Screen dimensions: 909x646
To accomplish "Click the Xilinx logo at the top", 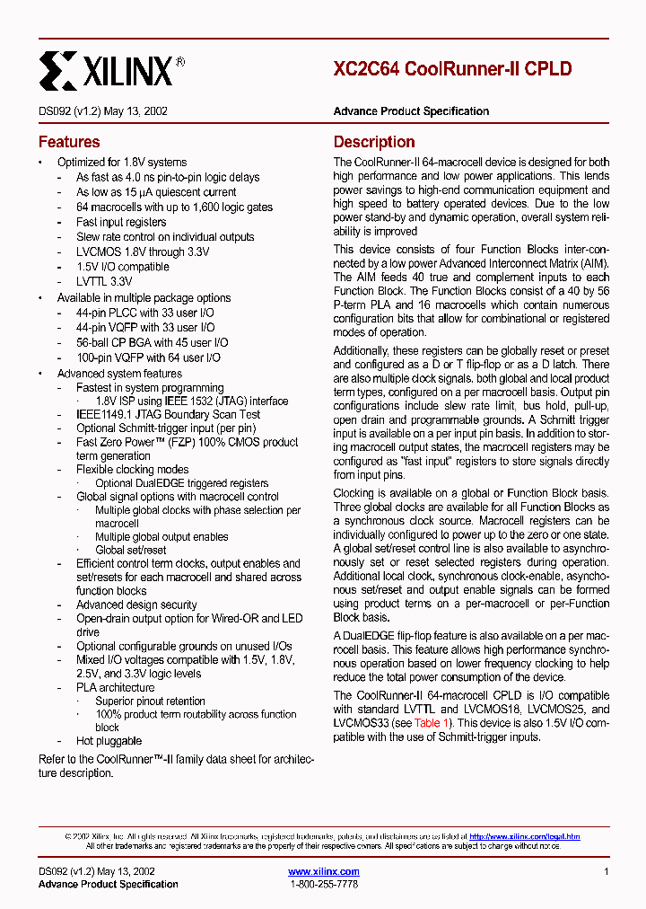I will tap(111, 68).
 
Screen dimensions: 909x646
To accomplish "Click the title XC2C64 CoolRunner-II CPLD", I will tap(452, 69).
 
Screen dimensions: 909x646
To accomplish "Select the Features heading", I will tap(69, 142).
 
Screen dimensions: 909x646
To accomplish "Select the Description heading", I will tap(374, 142).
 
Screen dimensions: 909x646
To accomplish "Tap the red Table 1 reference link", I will tap(427, 723).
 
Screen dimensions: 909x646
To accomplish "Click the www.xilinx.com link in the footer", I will tap(324, 871).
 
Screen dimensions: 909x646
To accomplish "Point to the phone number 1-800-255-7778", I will tap(324, 885).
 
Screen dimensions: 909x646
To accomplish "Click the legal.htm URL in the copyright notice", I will tap(524, 836).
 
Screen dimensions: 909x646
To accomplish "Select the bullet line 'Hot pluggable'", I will tap(109, 741).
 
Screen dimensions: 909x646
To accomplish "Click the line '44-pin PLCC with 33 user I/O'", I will tap(144, 313).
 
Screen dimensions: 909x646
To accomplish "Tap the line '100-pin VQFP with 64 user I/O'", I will tap(148, 357).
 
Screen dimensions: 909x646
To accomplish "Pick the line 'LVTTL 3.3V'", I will tap(105, 282).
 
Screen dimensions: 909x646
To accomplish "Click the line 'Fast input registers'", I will tap(121, 222).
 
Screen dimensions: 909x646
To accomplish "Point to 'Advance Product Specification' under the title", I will tap(411, 111).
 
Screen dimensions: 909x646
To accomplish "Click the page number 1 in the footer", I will tap(607, 871).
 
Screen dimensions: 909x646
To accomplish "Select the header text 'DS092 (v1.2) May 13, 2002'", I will tap(103, 111).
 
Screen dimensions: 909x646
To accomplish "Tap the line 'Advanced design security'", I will tap(136, 605).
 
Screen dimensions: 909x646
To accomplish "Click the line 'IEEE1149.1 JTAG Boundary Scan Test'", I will tap(168, 414).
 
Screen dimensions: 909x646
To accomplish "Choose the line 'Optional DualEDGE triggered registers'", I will tap(181, 483).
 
